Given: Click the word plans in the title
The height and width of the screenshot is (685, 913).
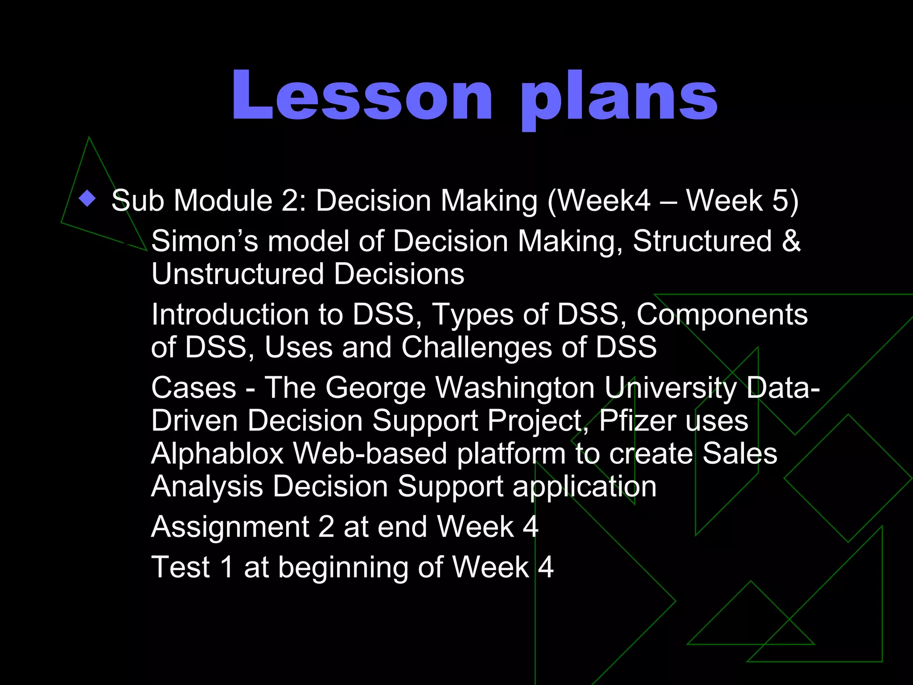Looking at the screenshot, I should point(619,98).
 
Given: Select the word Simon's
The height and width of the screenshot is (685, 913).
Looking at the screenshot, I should point(205,241).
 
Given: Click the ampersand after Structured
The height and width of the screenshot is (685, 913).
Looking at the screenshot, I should point(791,241).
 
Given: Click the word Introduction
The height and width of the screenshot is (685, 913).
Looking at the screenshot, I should point(230,315).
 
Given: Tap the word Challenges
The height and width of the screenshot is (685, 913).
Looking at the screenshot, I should point(477,347).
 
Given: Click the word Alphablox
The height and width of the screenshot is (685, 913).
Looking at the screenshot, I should point(218,454).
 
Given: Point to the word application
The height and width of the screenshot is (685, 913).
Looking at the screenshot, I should point(584,487).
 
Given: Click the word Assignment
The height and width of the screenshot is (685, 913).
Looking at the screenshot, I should point(230,528).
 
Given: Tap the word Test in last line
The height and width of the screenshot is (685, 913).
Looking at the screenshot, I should point(181,567).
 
